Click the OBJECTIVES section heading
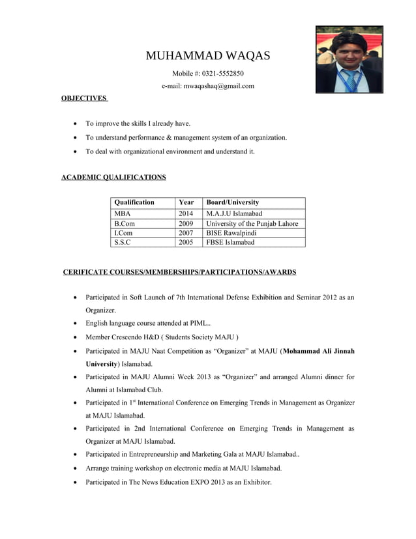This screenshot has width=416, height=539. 83,98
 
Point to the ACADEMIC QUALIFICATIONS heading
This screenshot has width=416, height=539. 113,177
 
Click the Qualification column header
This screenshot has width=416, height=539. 134,202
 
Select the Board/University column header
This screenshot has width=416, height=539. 232,202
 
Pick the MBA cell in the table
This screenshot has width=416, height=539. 122,213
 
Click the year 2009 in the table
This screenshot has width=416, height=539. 186,223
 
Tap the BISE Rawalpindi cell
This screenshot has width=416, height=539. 231,232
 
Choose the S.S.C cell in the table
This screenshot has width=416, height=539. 122,242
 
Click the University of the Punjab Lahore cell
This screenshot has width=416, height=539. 252,223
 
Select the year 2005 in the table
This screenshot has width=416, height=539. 186,242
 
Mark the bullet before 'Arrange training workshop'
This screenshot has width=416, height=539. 77,469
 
